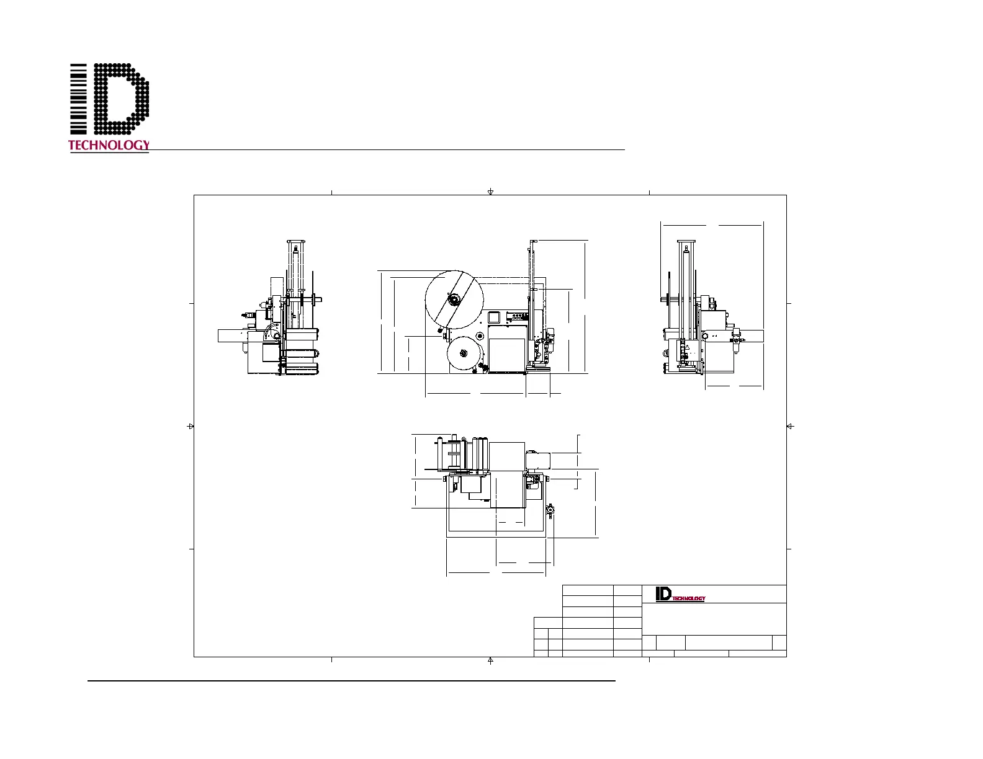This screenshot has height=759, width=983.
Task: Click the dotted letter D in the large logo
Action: (121, 99)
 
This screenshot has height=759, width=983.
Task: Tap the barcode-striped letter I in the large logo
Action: (78, 99)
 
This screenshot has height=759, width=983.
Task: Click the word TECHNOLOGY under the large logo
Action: (109, 145)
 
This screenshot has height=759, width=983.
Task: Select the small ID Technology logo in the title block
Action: (680, 594)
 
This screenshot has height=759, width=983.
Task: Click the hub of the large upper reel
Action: (454, 300)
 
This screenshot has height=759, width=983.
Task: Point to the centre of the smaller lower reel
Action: (463, 353)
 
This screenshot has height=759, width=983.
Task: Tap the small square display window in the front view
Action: (493, 317)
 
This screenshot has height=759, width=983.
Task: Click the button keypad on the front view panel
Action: (517, 316)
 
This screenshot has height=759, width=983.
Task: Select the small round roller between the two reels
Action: (480, 335)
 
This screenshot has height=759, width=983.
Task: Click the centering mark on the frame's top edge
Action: (490, 192)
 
